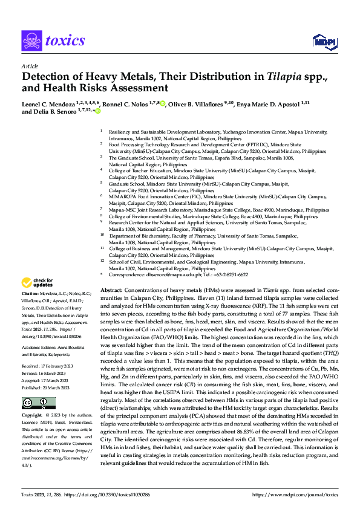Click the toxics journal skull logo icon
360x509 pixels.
[31, 41]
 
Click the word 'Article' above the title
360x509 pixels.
[30, 66]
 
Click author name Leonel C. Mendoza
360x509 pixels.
[51, 104]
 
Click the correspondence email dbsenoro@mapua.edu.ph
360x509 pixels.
[165, 274]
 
